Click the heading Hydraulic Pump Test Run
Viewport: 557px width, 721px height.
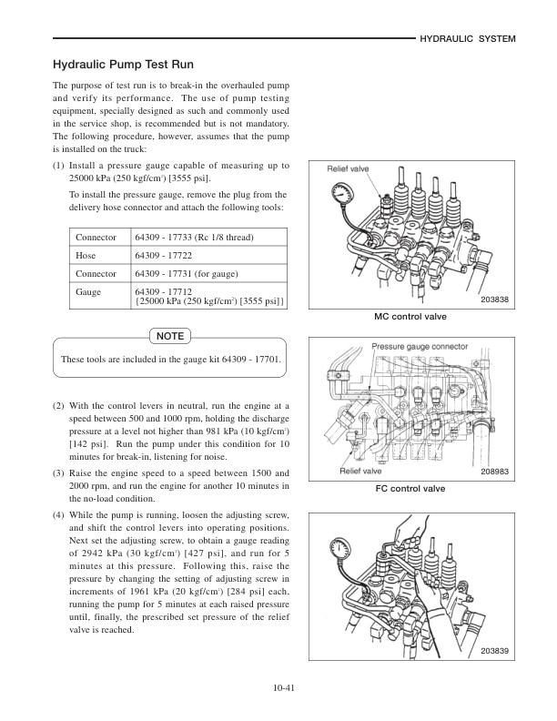(x=124, y=66)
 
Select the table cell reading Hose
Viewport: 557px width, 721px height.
(x=86, y=256)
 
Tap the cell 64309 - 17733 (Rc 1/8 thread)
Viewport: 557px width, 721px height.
(x=194, y=238)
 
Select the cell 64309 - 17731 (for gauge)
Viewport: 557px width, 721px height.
(x=188, y=274)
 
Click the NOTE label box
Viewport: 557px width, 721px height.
(x=170, y=336)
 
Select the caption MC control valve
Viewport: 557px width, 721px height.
(x=410, y=317)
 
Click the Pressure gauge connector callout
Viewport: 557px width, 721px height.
(x=420, y=347)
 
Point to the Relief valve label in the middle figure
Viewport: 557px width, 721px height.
(x=360, y=471)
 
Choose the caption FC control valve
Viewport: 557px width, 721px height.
(x=410, y=489)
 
